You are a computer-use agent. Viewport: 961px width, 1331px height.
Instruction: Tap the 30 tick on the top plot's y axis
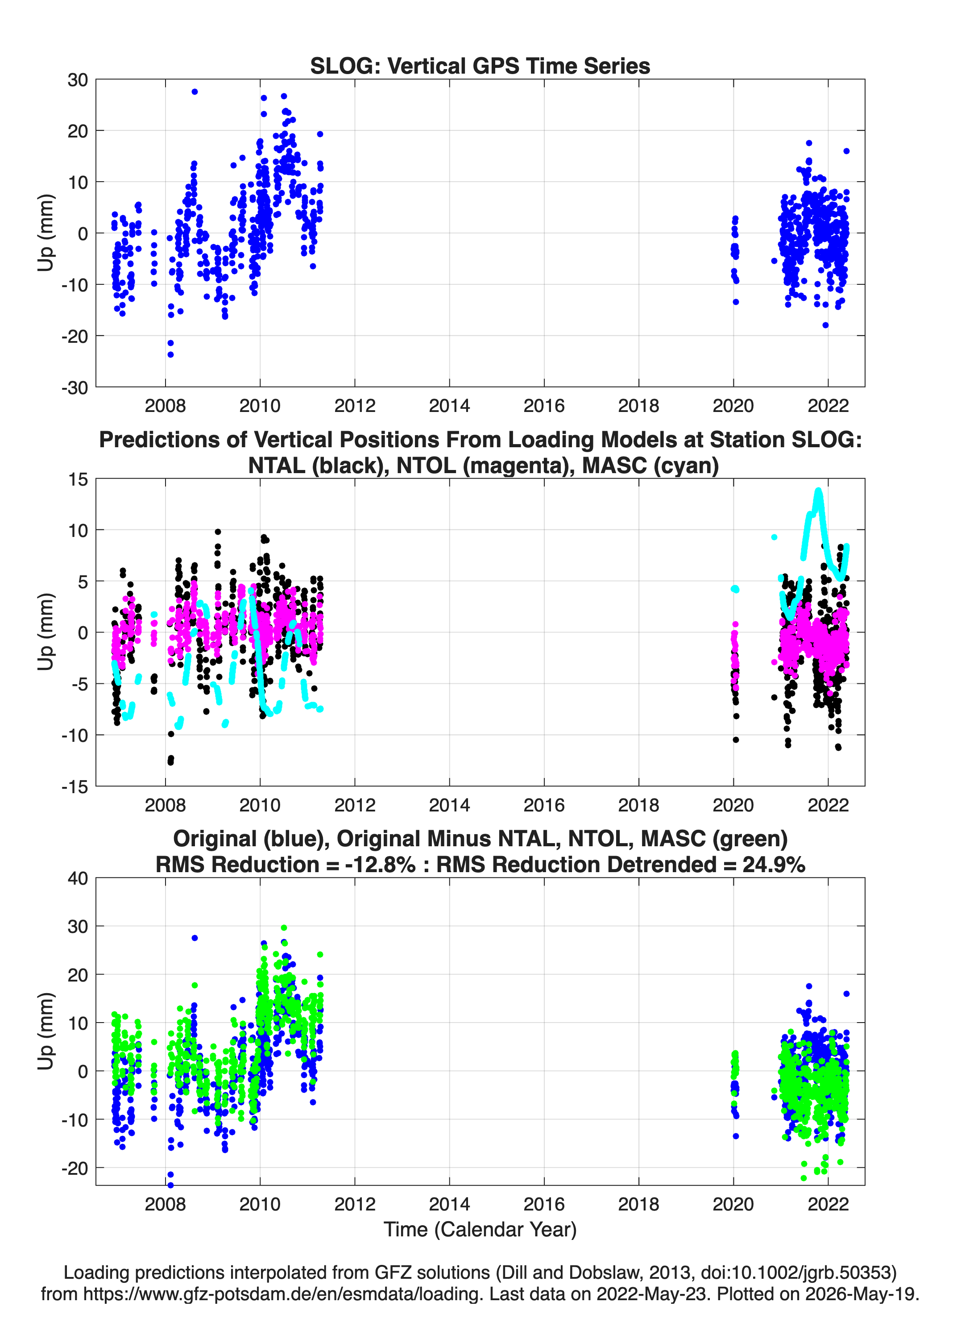click(78, 80)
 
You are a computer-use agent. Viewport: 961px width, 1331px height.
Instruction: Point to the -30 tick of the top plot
click(75, 388)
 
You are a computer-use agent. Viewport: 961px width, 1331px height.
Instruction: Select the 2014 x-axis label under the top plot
click(449, 406)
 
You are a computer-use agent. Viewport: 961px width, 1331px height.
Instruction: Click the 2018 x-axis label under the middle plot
click(638, 805)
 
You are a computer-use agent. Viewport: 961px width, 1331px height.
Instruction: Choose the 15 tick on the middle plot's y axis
click(78, 479)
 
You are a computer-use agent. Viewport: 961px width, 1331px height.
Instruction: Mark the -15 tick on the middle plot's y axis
click(75, 787)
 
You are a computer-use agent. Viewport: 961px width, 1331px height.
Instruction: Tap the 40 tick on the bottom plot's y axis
click(78, 878)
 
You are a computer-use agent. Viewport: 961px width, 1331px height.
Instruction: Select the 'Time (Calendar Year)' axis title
click(480, 1230)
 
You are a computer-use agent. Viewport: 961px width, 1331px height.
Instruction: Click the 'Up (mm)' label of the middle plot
click(46, 632)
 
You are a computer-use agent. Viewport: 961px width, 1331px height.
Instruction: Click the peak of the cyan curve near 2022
click(818, 491)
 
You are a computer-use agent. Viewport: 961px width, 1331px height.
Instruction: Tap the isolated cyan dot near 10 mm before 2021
click(775, 537)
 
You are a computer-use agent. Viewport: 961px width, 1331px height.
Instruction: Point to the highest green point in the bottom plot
click(284, 928)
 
